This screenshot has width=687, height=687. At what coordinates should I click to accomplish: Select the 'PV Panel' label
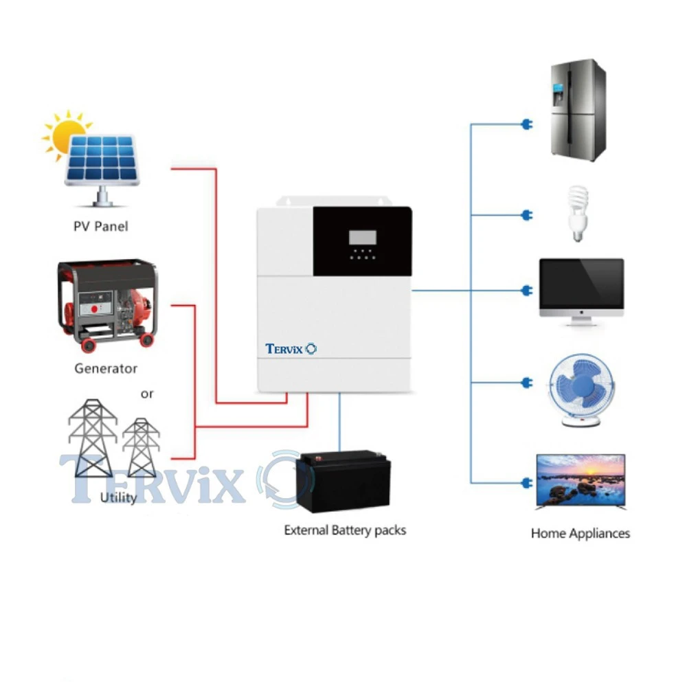100,226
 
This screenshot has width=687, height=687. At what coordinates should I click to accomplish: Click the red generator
107,305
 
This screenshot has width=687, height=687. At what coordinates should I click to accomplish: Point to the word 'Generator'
106,369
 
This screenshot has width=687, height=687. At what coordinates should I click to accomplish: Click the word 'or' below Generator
147,394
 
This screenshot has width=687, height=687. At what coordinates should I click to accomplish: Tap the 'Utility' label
118,497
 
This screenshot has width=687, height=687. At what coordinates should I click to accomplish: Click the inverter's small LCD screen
362,238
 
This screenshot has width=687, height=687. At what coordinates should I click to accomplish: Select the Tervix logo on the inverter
291,349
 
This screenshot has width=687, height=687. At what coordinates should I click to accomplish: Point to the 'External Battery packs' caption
345,530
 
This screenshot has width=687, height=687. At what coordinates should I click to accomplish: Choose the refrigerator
578,110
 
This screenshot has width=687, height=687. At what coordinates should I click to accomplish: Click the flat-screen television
581,480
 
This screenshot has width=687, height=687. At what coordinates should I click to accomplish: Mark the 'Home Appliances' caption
581,533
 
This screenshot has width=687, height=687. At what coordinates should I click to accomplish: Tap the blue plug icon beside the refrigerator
527,125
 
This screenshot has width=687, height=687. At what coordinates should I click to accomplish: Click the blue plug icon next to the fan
527,382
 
